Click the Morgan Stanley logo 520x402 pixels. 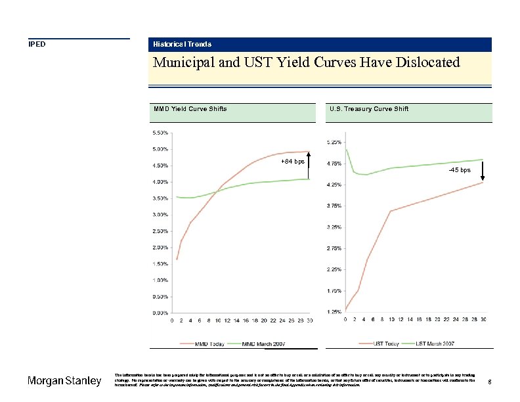(x=64, y=382)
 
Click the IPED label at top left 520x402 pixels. (x=36, y=45)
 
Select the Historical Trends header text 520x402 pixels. (x=182, y=45)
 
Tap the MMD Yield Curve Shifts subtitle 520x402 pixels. (x=190, y=109)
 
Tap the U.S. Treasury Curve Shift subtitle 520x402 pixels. (x=368, y=109)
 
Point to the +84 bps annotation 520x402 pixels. (x=292, y=162)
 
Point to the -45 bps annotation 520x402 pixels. (x=460, y=170)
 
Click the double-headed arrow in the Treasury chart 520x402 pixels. (x=483, y=171)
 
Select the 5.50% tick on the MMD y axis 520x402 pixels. (x=160, y=133)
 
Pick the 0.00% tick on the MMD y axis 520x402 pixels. (x=160, y=313)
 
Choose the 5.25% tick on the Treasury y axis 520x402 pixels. (x=334, y=143)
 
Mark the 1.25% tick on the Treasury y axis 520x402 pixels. (x=334, y=311)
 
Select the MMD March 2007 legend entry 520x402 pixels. (x=263, y=343)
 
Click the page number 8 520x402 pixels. (x=490, y=382)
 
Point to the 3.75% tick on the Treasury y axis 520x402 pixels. (x=334, y=206)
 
